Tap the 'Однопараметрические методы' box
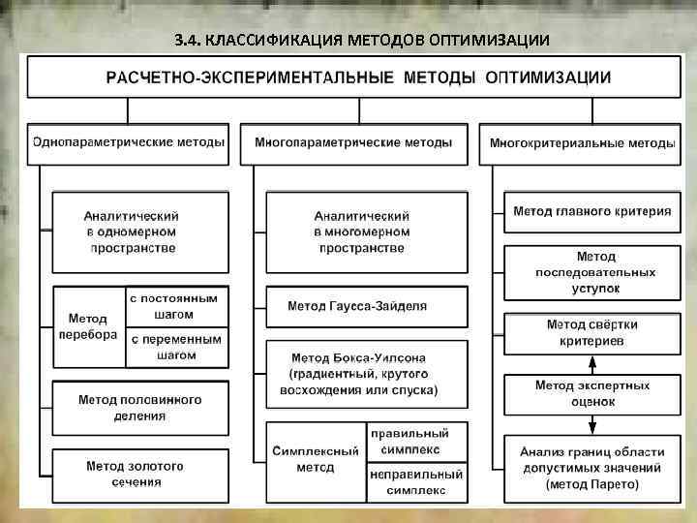coord(129,142)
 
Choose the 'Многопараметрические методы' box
coord(353,142)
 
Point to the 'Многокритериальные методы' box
coord(582,143)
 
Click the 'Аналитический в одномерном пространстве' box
coord(141,231)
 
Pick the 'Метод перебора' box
coord(90,326)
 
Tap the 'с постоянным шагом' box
coord(177,307)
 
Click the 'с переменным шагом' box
coord(177,348)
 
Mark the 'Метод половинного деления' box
coord(140,407)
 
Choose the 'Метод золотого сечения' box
coord(140,474)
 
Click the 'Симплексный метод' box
coord(316,459)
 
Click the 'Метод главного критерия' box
coord(591,211)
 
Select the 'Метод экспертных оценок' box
coord(591,393)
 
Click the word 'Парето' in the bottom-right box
coord(614,483)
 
